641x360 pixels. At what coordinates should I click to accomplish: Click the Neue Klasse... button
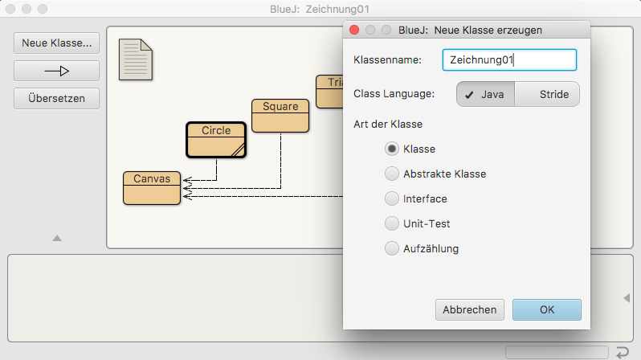(56, 43)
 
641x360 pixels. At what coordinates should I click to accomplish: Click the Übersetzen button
(56, 98)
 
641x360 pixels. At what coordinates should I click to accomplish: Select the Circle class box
(216, 140)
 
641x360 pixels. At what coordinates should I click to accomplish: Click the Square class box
(280, 116)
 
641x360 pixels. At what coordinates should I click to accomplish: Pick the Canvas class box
(152, 188)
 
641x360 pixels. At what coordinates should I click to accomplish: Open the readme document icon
(135, 59)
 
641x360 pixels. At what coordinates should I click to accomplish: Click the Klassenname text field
(509, 60)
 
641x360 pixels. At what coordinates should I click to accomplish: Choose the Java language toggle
(486, 94)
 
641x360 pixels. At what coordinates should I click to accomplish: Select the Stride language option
(548, 94)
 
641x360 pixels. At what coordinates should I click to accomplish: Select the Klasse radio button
(392, 149)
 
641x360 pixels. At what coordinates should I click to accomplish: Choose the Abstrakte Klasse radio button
(392, 174)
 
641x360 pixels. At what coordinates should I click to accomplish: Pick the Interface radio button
(392, 198)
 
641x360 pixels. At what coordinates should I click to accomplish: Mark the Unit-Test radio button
(392, 223)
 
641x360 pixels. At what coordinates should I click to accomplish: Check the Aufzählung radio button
(392, 248)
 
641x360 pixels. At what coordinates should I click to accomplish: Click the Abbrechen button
(470, 309)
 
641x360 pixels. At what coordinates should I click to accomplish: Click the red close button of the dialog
(354, 30)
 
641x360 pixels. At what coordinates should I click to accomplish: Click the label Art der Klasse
(388, 125)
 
